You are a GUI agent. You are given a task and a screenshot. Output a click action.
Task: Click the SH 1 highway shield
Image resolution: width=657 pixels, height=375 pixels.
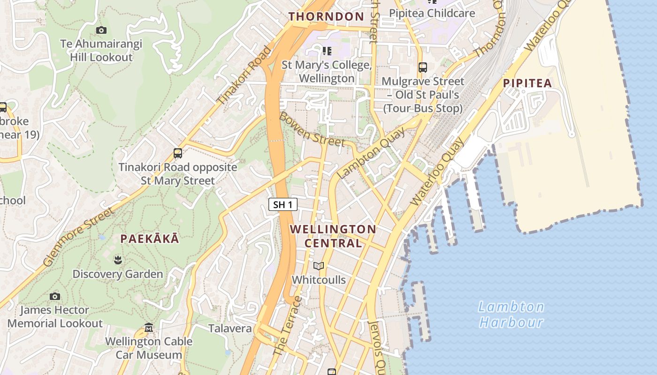[283, 204]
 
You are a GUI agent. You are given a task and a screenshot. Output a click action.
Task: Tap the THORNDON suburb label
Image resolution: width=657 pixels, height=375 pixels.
[326, 16]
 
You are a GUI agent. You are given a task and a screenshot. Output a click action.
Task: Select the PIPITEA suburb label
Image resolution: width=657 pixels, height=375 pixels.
[527, 83]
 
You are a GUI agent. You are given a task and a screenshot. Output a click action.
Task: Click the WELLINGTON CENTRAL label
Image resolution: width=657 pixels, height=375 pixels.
[333, 236]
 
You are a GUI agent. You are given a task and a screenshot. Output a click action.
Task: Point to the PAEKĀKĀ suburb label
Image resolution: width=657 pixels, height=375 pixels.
[149, 239]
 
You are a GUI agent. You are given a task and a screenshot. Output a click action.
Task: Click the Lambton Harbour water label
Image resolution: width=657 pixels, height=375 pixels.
[511, 315]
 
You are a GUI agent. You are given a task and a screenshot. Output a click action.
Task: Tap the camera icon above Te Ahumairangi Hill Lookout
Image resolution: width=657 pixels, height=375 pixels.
[101, 30]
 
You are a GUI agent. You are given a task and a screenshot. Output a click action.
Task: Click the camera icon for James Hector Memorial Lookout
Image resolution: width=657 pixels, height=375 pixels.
[55, 296]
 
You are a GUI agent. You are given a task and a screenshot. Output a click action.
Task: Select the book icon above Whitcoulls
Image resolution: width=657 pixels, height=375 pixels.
[319, 266]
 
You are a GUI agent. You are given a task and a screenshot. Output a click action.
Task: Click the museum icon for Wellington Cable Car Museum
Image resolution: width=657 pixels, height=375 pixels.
[149, 327]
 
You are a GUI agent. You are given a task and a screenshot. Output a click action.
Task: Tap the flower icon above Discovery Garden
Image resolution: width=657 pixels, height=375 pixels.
[117, 259]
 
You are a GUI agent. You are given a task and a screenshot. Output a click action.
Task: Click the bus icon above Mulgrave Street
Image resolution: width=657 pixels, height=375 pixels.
[422, 67]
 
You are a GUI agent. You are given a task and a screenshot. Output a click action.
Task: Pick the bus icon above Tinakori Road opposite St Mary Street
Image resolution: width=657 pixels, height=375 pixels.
[177, 153]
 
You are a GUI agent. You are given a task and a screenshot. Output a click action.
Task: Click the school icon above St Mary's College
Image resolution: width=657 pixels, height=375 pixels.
[327, 51]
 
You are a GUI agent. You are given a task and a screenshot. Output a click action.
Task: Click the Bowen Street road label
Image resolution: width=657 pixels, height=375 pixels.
[312, 129]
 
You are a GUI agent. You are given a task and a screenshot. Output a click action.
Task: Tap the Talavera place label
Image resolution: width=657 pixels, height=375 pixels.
[230, 328]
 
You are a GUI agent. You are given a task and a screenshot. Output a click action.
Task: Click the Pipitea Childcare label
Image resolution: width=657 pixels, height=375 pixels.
[432, 13]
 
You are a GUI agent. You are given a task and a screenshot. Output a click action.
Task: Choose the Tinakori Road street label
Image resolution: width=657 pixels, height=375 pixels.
[244, 75]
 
